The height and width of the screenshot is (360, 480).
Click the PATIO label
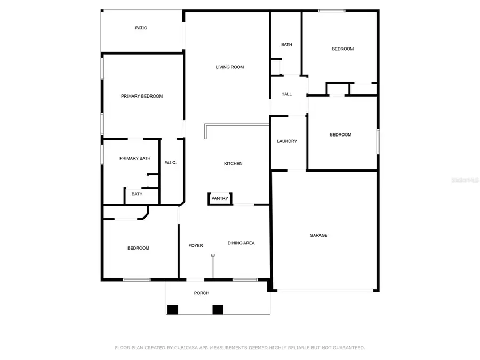(x=141, y=28)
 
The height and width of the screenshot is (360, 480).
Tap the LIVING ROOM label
(x=229, y=67)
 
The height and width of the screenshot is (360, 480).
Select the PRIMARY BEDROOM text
(x=141, y=97)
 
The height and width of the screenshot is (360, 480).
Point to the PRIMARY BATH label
(x=134, y=158)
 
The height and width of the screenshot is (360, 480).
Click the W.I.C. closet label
(x=171, y=163)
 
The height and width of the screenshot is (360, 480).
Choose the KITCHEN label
(x=233, y=164)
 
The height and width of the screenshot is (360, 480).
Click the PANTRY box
(x=220, y=199)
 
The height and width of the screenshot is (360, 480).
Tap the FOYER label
(x=196, y=246)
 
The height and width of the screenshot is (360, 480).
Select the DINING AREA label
(x=241, y=243)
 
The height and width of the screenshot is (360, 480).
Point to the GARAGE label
(x=319, y=235)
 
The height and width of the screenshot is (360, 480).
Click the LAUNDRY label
(x=287, y=141)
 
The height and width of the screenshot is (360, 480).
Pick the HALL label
(x=286, y=94)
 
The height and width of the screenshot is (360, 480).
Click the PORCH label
(x=202, y=293)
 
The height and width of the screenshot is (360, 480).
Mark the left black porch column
(x=173, y=309)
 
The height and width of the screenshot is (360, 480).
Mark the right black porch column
(x=218, y=309)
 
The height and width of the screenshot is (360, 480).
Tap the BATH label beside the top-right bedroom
(x=286, y=45)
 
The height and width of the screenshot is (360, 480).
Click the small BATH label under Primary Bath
(x=137, y=194)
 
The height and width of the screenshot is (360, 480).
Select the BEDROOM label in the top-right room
(x=342, y=49)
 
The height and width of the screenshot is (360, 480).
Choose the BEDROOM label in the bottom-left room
(x=138, y=248)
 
